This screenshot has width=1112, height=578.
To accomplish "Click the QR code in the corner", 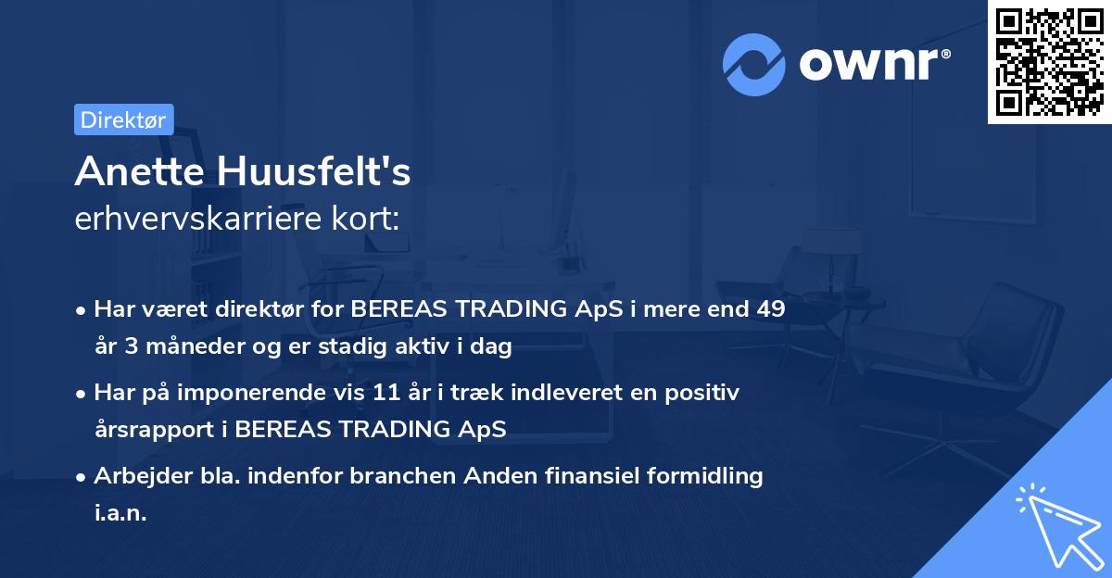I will [x=1050, y=62].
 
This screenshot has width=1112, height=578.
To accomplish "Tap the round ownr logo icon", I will [x=754, y=65].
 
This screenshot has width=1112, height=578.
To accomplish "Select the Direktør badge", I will [x=123, y=119].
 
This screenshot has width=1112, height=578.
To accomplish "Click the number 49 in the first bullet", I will [x=770, y=309].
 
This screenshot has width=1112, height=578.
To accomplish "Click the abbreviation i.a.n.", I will [x=120, y=513].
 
